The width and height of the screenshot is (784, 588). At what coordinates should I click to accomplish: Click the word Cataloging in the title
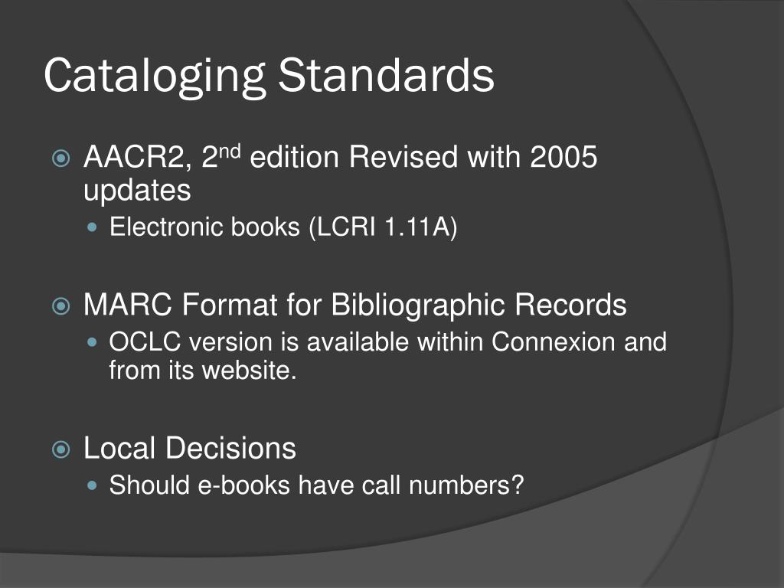154,77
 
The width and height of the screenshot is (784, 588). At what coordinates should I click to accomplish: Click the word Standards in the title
386,76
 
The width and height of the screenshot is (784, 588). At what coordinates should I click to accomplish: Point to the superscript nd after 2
231,152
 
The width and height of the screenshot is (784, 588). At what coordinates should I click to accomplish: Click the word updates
137,191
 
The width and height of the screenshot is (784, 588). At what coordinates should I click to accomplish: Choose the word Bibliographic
419,305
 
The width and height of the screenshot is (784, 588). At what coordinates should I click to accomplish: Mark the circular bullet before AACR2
62,159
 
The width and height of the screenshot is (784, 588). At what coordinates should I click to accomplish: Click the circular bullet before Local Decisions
62,449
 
